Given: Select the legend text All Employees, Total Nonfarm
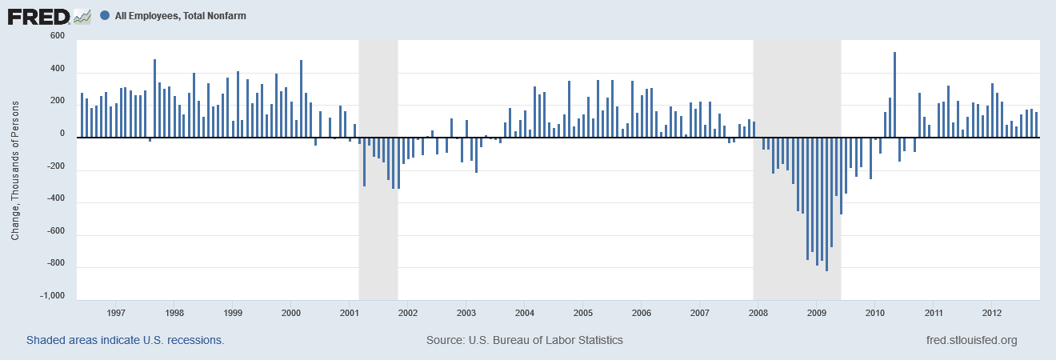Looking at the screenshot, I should click(180, 15).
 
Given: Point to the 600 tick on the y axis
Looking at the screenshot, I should click(57, 36).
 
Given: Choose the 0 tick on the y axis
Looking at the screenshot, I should click(62, 134).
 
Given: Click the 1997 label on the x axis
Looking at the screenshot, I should click(116, 312).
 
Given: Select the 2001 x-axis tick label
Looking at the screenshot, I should click(350, 312).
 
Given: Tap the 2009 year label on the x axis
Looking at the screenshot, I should click(816, 312).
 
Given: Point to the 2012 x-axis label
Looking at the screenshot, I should click(992, 312).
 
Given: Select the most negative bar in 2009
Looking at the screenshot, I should click(826, 204).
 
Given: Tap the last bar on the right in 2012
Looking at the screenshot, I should click(1036, 125).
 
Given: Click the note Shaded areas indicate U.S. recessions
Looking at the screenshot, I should click(125, 340).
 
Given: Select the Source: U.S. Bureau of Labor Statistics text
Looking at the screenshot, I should click(524, 340).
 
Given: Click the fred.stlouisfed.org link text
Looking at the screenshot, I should click(970, 340).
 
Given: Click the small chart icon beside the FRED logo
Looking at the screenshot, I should click(82, 15).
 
